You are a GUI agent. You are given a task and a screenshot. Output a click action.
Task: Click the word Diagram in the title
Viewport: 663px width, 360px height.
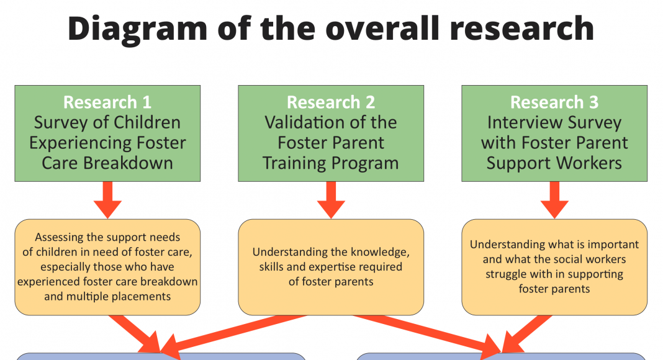[137, 29]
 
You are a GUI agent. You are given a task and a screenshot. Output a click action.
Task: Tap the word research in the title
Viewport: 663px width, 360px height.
[522, 28]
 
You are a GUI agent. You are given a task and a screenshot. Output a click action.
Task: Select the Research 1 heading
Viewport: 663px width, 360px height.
[107, 102]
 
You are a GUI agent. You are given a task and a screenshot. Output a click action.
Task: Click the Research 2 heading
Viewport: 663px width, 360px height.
[331, 102]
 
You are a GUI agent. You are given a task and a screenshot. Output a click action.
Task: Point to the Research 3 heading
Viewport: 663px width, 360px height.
[554, 102]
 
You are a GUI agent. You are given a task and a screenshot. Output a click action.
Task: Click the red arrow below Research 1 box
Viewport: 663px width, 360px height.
[107, 200]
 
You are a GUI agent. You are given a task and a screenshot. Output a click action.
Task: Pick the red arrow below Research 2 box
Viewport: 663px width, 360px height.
[331, 200]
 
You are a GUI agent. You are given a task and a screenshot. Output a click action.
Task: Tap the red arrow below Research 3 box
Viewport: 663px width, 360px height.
[554, 200]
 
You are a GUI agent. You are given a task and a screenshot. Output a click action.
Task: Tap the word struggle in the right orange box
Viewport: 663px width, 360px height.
[503, 274]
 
